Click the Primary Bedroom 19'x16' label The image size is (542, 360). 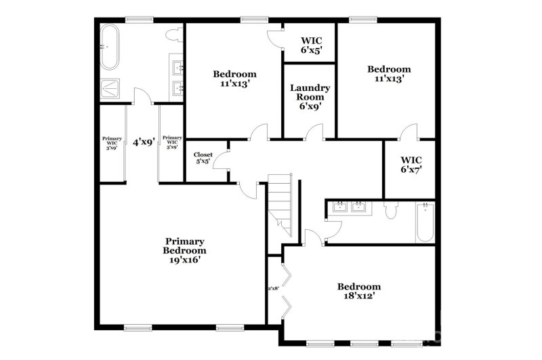(x=186, y=249)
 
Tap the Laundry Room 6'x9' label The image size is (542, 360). (x=310, y=96)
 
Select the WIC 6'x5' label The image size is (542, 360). (x=310, y=44)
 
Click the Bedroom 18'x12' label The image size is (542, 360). (x=358, y=291)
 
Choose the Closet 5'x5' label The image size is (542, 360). (x=203, y=159)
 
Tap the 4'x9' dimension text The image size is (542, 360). (x=144, y=142)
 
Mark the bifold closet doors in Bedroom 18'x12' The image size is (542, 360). (x=287, y=289)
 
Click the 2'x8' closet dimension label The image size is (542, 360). (x=274, y=288)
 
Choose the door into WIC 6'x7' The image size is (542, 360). (x=408, y=133)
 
